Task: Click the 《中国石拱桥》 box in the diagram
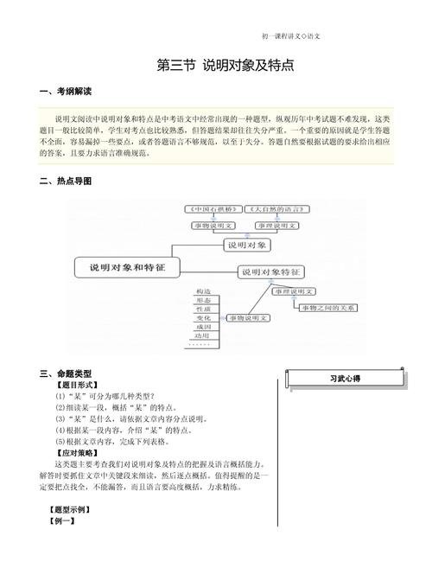pos(213,210)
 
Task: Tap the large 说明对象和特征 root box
pos(126,267)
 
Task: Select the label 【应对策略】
pos(76,452)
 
